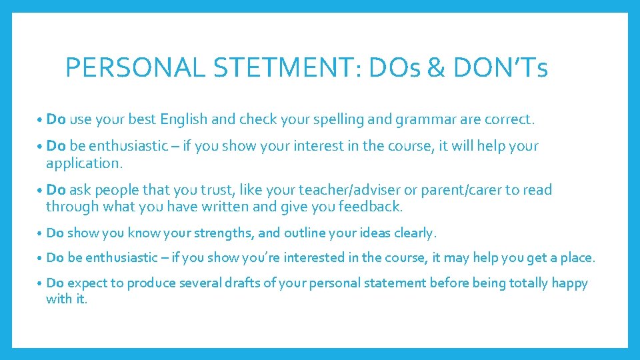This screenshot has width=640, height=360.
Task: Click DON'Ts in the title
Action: [501, 68]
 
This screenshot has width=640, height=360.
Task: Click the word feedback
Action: [370, 207]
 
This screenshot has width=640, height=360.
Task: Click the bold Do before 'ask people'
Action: [56, 190]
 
